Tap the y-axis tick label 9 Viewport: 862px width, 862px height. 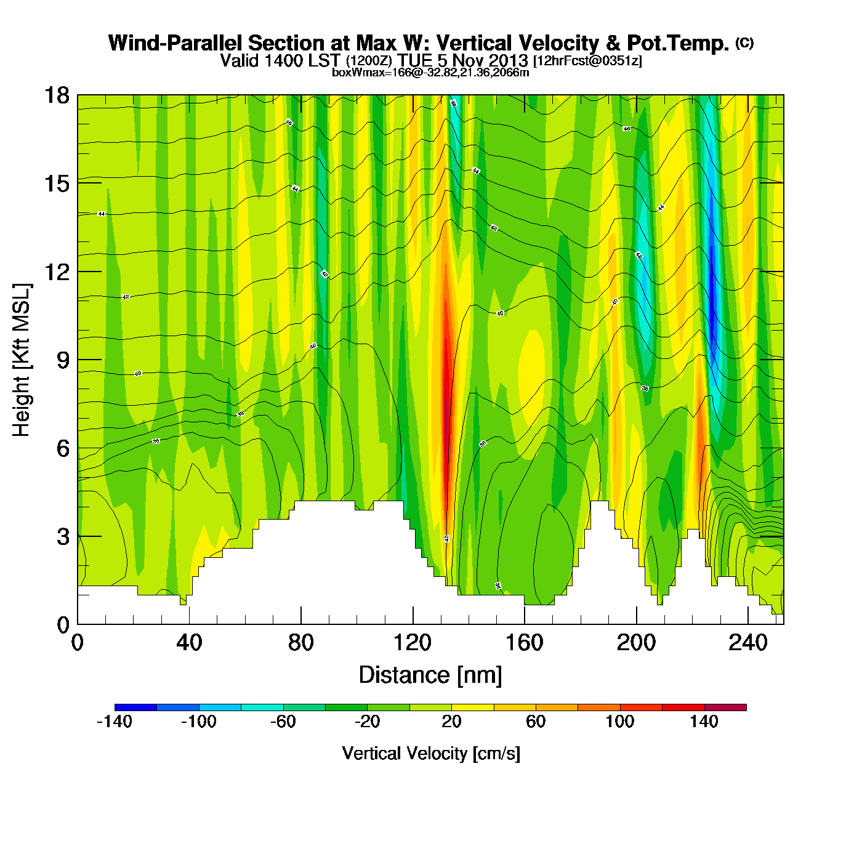tap(63, 360)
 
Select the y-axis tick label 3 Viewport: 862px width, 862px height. tap(63, 537)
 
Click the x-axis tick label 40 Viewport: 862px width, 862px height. tap(189, 643)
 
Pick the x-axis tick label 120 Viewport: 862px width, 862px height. tap(413, 643)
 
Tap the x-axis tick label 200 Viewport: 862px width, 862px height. tap(636, 643)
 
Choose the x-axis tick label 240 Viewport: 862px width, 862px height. tap(747, 643)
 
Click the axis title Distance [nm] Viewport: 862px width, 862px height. tap(430, 675)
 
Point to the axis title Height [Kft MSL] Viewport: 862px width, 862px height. tap(22, 360)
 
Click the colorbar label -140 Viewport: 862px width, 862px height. tap(115, 722)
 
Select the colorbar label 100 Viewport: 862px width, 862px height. tap(619, 722)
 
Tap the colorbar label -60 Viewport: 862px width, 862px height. tap(283, 722)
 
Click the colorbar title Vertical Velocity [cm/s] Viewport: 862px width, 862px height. tap(430, 754)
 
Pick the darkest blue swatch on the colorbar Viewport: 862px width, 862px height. tap(135, 707)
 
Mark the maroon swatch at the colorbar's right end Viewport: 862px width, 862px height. tap(725, 707)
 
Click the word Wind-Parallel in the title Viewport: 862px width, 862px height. tap(175, 43)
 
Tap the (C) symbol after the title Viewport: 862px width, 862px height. tap(744, 42)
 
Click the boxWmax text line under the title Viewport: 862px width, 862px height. tap(430, 72)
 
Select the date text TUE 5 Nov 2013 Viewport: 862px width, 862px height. tap(462, 60)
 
